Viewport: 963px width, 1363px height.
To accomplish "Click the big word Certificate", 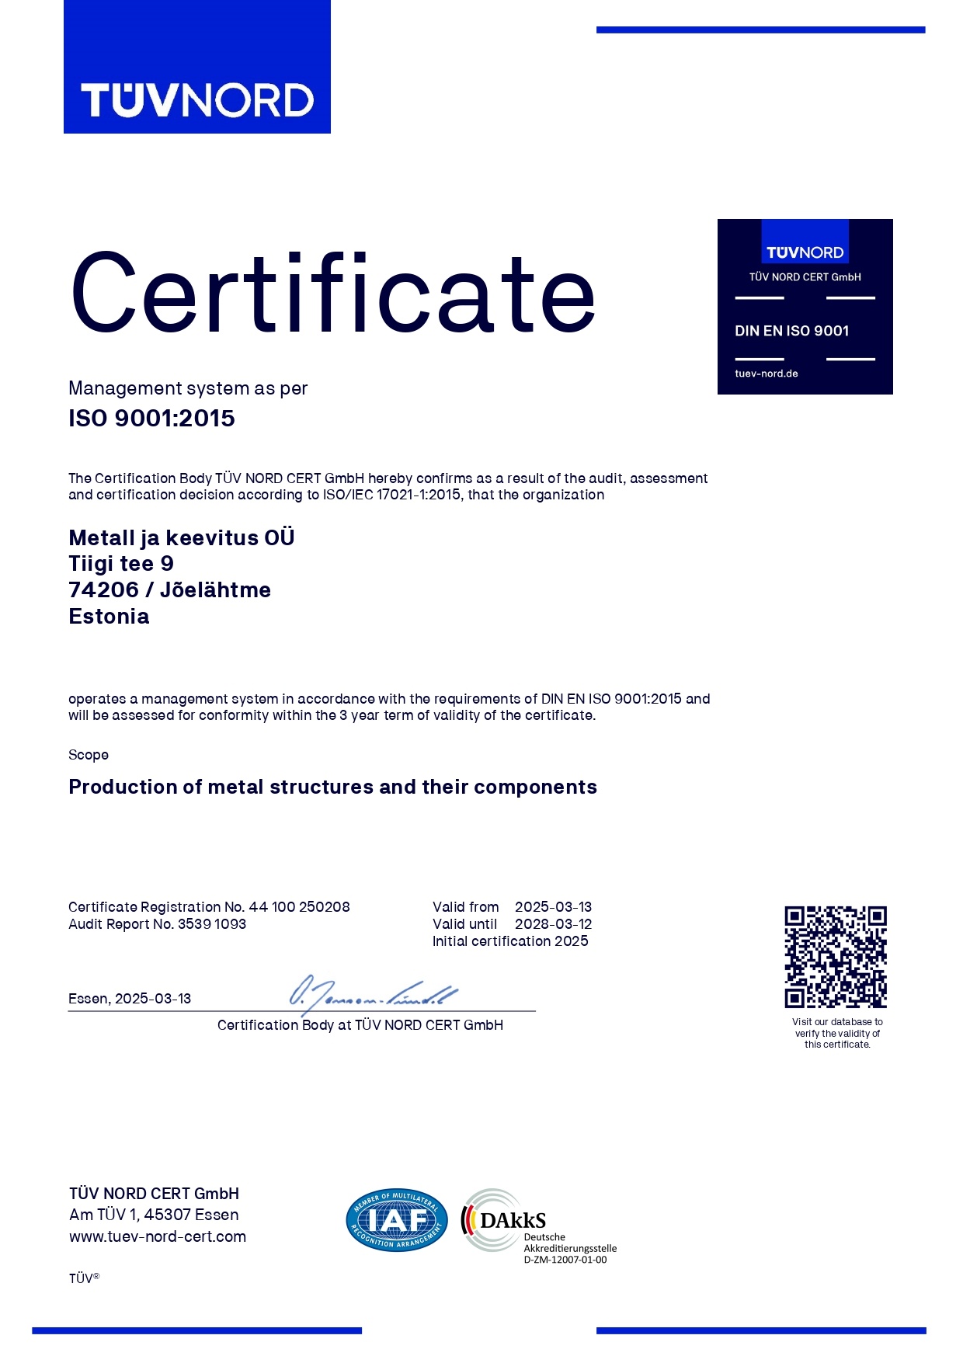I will coord(332,294).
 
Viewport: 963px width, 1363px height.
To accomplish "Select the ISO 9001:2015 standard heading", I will coord(151,419).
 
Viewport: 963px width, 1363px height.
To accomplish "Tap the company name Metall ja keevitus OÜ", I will coord(182,537).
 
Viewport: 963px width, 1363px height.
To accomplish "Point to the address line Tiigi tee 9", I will coord(121,564).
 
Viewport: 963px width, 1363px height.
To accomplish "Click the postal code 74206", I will coord(103,590).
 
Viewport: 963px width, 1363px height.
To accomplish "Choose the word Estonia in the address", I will coord(109,617).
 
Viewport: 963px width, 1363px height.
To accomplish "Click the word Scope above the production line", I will coord(89,755).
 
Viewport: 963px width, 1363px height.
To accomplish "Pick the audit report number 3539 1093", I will coord(212,924).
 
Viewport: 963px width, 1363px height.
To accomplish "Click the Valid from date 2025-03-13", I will coord(553,907).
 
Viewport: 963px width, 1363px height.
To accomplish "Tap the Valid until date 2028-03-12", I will coord(553,924).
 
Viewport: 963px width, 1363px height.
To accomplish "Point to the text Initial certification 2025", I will coord(510,941).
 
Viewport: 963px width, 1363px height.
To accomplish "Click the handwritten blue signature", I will coord(373,993).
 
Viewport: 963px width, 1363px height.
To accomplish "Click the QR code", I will coord(836,957).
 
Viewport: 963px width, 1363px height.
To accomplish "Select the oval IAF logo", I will coord(397,1220).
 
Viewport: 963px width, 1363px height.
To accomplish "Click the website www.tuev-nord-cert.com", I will coord(158,1236).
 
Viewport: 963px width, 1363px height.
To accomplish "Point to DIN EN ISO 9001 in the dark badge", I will coord(791,331).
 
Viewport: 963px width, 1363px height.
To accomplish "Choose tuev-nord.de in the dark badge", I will coord(767,374).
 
